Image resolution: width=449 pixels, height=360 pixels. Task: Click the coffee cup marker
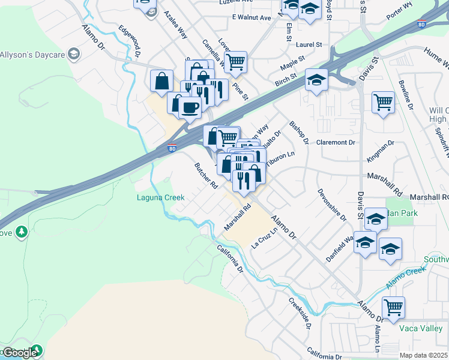[190, 107]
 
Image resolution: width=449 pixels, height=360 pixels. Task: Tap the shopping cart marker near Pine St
[237, 61]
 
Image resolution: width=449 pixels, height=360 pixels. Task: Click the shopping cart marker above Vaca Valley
[393, 307]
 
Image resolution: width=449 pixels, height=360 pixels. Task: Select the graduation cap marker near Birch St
[316, 80]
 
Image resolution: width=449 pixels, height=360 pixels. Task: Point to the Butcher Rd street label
[205, 176]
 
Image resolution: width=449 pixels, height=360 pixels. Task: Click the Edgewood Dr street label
[129, 40]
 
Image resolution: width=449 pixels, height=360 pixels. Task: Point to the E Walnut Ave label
[252, 18]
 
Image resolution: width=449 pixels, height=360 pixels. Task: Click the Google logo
[19, 353]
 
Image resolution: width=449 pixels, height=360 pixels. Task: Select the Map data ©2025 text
[423, 355]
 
